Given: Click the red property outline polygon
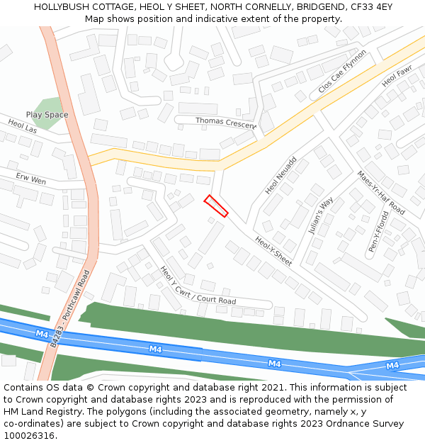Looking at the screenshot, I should coord(216,206).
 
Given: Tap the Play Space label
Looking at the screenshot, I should coord(47,115).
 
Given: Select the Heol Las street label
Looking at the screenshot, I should coord(23,125).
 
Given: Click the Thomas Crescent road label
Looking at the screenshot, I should coord(226,122).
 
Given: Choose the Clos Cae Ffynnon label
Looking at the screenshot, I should coord(343,71).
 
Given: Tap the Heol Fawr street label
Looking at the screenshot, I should coord(397,77).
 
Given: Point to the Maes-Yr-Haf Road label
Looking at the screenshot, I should coord(380,193).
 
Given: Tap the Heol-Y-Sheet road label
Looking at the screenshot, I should coord(273,251).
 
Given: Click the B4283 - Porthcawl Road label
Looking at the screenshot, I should coord(72,308).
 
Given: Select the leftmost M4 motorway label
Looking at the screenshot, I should coord(42,333).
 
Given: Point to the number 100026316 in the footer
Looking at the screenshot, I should coord(30,435).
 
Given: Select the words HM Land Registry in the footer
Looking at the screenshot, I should coord(42,411).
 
